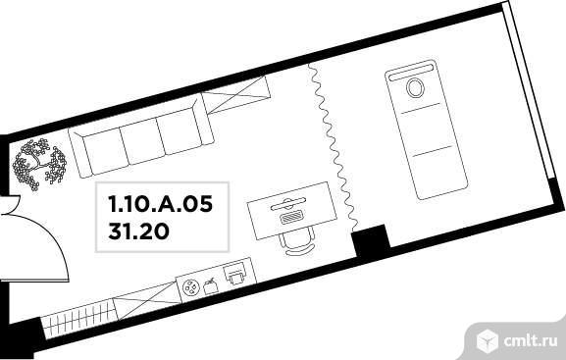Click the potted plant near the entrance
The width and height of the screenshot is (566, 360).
pos(39,164)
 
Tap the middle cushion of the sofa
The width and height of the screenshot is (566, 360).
pos(142,139)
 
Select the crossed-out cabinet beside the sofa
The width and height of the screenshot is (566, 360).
pos(236,94)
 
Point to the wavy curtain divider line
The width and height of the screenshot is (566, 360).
pos(333,146)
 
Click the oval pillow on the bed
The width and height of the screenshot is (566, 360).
pos(415,87)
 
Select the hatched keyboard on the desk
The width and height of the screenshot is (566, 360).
pos(290,217)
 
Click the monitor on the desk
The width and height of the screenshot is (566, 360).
pos(288,204)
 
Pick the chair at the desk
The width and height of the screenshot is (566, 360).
pos(296,242)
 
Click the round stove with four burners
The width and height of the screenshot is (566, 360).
pos(190,287)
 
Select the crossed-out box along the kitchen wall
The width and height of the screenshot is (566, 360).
pos(147,300)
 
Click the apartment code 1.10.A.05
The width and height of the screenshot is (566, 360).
pos(161,204)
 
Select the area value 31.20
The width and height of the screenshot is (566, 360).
pos(138,231)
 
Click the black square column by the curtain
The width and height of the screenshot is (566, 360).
pos(371,239)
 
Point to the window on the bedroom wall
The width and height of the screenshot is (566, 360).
pos(530,94)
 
